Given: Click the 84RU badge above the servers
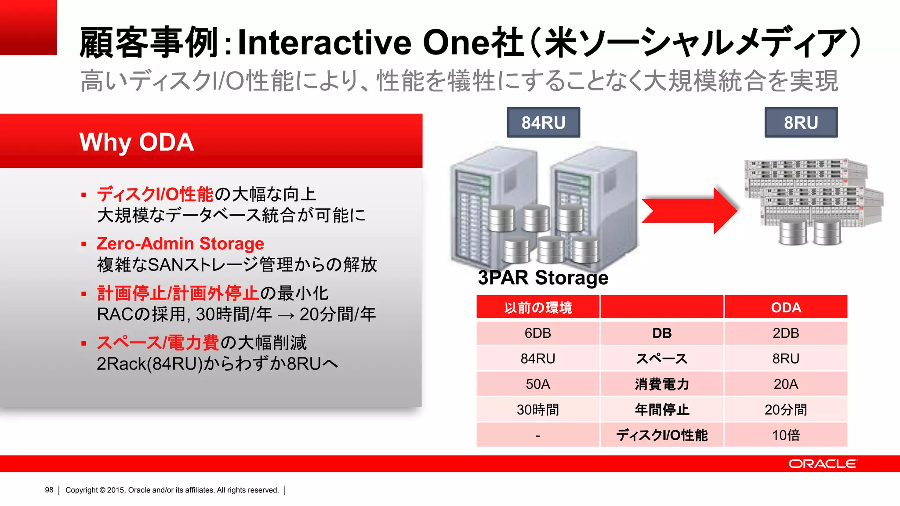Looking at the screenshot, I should (x=543, y=123).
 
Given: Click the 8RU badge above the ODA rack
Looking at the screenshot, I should (x=801, y=123).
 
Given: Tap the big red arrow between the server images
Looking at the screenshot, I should (x=689, y=210).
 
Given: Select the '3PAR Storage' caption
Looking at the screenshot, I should (x=543, y=278).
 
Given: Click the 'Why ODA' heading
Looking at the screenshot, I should (x=136, y=142).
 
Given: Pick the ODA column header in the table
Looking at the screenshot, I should (x=786, y=307).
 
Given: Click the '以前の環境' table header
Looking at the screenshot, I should (x=538, y=307).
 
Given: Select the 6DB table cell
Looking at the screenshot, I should (x=538, y=333).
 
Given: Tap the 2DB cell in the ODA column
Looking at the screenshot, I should (x=786, y=333).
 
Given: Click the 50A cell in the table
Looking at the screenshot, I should (x=538, y=384).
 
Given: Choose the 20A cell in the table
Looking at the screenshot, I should (x=786, y=384).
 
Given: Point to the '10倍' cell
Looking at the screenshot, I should (x=786, y=435).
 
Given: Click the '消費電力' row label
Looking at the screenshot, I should (x=662, y=384).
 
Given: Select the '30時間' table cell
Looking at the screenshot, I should (x=538, y=410).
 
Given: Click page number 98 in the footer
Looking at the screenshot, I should (x=49, y=490).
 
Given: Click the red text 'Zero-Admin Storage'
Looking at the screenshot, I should (x=180, y=244).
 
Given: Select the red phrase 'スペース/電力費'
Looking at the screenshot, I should (x=158, y=343).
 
